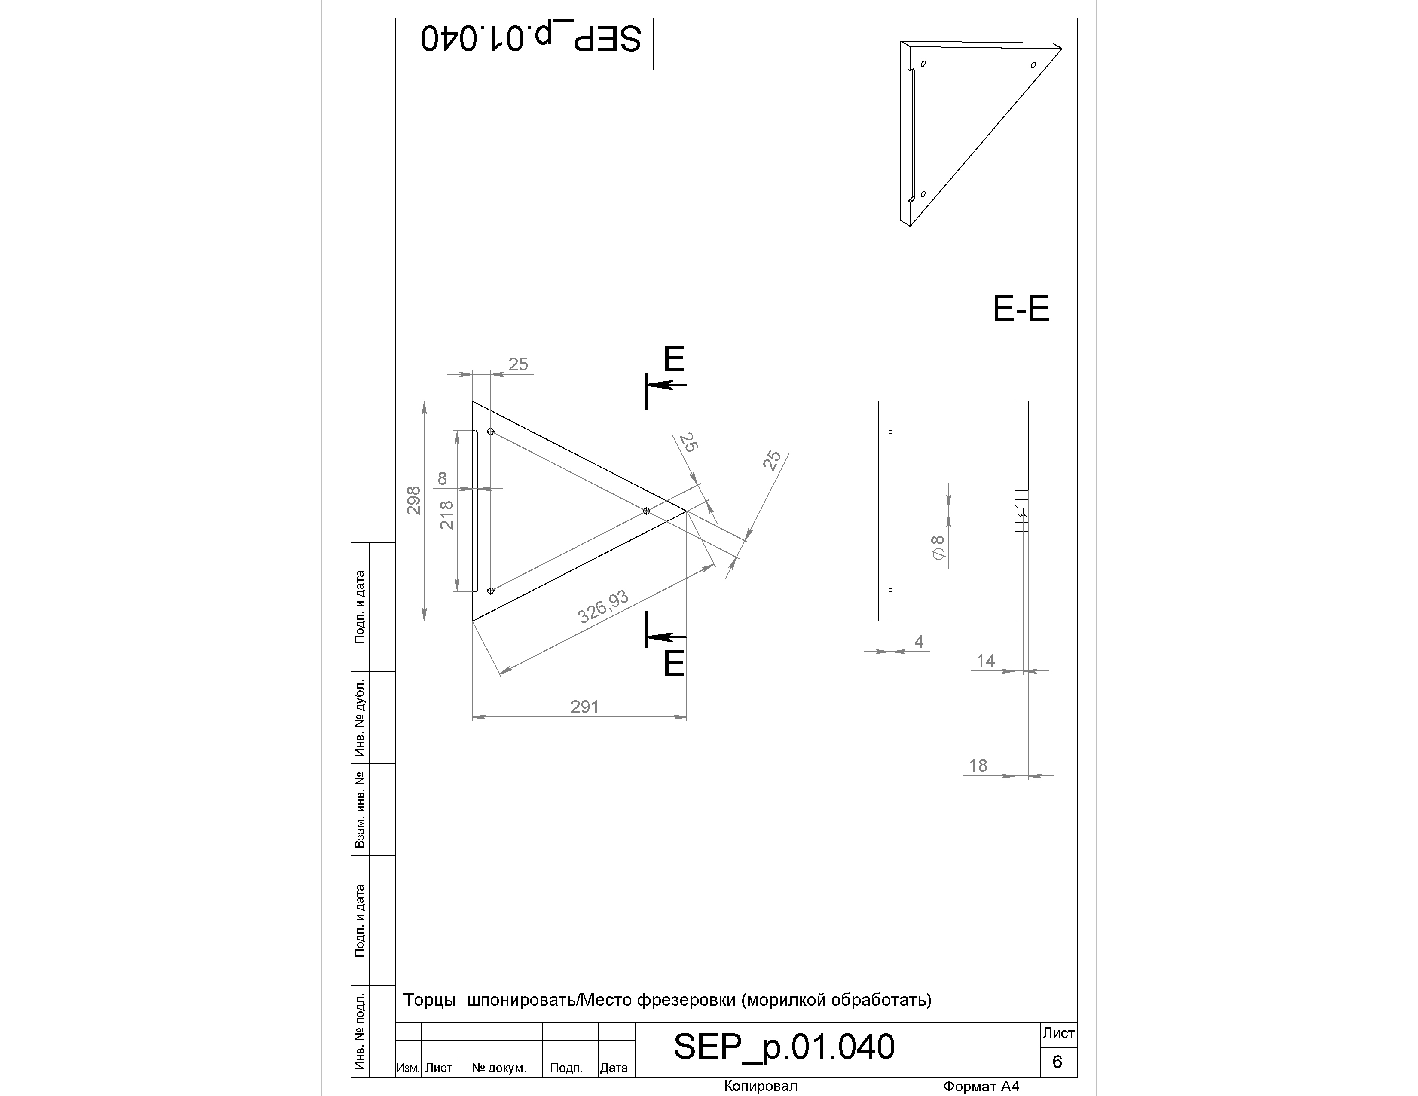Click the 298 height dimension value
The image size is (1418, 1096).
(x=413, y=501)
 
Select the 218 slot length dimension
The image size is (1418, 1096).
(x=447, y=515)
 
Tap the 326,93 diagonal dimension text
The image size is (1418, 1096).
(x=603, y=606)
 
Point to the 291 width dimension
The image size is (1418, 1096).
(x=584, y=707)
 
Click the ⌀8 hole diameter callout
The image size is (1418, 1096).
(x=938, y=547)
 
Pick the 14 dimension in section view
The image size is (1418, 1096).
(x=986, y=661)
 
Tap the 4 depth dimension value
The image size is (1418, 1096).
(x=919, y=642)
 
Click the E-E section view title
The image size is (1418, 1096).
(x=1021, y=309)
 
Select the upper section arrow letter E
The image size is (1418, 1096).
(x=674, y=358)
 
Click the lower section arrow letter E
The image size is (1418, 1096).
(x=674, y=664)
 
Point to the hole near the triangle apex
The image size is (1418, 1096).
(x=646, y=511)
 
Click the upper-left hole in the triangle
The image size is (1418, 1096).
(x=491, y=431)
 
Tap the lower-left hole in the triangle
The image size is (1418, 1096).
(x=491, y=591)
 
